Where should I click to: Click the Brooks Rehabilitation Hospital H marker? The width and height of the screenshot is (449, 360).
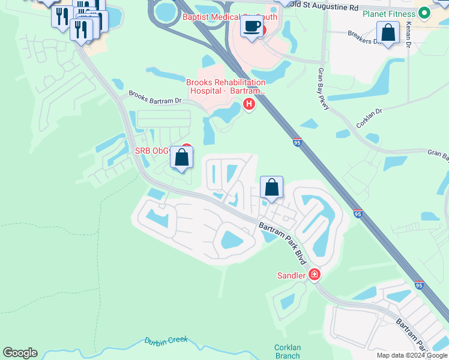point(249,105)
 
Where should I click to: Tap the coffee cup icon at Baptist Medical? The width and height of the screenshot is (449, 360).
point(252,27)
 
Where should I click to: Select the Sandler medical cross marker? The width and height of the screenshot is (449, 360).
point(314,275)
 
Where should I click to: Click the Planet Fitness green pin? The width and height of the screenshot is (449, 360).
point(424,13)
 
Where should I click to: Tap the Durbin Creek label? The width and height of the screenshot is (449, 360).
point(166,341)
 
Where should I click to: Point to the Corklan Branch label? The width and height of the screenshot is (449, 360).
point(287,352)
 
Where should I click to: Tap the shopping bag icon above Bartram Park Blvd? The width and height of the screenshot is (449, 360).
point(271,187)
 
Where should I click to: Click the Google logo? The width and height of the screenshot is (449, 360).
point(20,353)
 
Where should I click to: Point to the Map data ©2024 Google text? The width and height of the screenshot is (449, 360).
point(411,355)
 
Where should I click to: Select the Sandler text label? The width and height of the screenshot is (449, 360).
point(291,275)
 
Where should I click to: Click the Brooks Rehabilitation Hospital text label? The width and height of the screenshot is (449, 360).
point(226,86)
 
